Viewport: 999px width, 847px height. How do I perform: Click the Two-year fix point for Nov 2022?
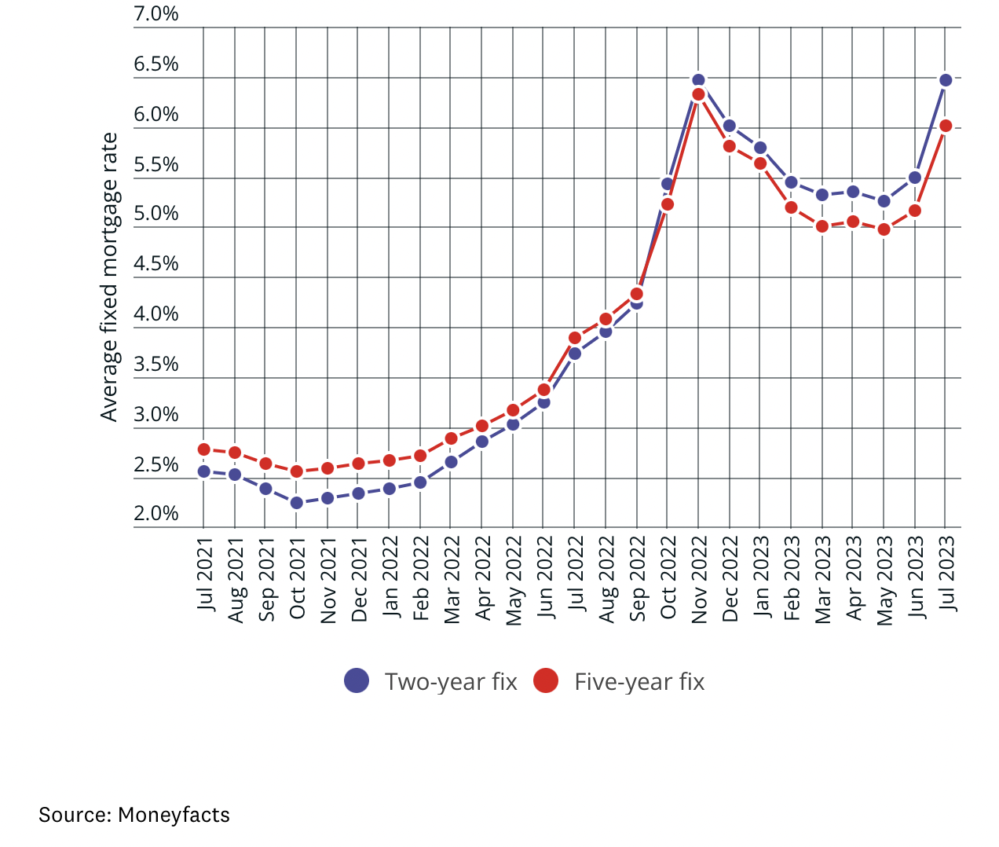[698, 81]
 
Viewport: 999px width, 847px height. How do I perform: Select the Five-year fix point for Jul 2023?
[946, 126]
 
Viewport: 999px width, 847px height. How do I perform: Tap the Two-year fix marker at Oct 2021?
[296, 503]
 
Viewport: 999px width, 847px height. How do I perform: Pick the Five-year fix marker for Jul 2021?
[204, 449]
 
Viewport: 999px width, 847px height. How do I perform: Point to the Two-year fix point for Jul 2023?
[946, 80]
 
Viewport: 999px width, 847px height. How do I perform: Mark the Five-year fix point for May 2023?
[884, 229]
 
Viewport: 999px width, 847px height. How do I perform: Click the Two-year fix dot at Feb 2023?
[791, 182]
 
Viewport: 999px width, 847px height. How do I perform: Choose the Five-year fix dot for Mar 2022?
[451, 438]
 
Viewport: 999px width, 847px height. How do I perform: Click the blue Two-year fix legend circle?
[357, 680]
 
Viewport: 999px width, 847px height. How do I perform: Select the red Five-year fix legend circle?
[546, 680]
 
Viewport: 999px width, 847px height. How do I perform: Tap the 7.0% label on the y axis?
[156, 14]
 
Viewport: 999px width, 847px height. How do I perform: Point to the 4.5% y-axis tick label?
[156, 264]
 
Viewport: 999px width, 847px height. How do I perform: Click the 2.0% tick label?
[156, 514]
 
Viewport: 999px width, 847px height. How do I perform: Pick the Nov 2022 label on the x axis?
[699, 580]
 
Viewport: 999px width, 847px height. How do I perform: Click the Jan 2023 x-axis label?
[760, 575]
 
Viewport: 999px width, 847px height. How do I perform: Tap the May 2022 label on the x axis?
[514, 581]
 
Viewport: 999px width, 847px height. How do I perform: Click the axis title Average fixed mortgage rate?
[109, 277]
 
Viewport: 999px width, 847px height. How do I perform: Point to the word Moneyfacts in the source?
[174, 815]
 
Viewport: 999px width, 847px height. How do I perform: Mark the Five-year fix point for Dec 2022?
[729, 146]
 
